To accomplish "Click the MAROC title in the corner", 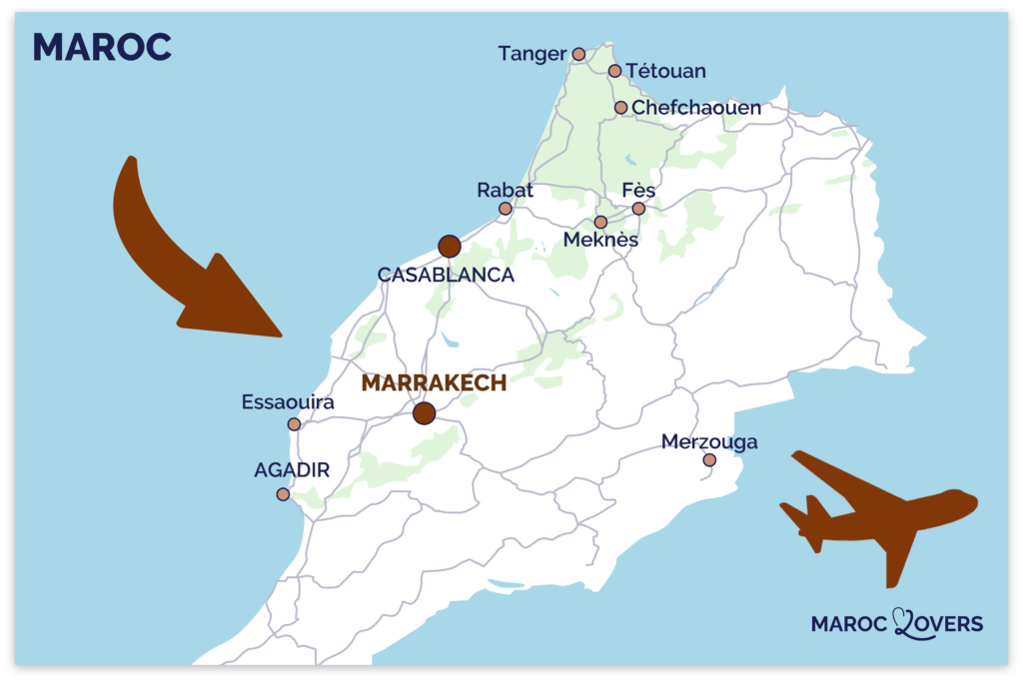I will [102, 47].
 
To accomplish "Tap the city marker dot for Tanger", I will [578, 53].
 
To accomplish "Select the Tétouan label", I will [666, 71].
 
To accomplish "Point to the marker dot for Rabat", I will [506, 209].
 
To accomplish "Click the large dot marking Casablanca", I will [450, 246].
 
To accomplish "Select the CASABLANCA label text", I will [446, 275].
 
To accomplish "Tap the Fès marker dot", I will [638, 209].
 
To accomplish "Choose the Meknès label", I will [600, 241].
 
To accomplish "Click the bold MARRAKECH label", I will [434, 382].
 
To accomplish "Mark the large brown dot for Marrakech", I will [425, 412].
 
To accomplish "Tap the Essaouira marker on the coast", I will [294, 424].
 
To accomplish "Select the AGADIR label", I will [292, 469].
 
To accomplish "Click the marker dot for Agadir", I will [283, 494].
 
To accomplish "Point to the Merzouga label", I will [709, 441].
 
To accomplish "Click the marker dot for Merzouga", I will [709, 460].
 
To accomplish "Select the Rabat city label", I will [506, 190].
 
